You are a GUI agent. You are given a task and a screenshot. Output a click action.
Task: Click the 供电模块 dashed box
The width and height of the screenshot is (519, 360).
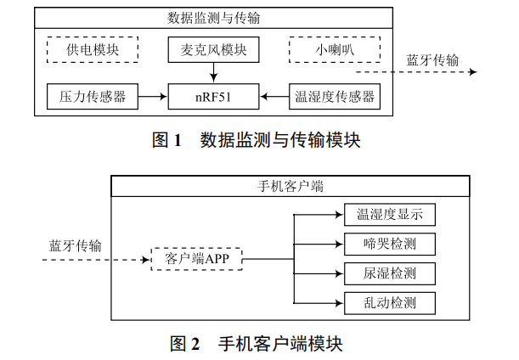coord(93,50)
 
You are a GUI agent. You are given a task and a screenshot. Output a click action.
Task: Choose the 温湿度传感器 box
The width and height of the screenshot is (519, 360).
coord(333,97)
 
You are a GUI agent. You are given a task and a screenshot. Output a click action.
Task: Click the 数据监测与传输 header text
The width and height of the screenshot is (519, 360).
coord(212,17)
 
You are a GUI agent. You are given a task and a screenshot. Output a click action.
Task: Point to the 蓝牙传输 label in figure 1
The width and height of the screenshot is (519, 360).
coord(432,60)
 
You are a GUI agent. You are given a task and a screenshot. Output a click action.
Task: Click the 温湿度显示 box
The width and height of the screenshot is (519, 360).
coord(390,214)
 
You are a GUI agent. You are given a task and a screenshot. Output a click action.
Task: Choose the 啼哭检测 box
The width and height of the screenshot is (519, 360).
coord(390,244)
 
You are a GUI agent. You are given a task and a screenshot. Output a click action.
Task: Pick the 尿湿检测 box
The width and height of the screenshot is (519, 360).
coord(390,273)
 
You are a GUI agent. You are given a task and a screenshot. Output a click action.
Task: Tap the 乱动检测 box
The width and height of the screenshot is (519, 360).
coord(390,302)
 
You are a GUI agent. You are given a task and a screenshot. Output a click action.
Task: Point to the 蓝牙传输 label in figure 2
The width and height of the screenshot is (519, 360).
coord(75,246)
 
